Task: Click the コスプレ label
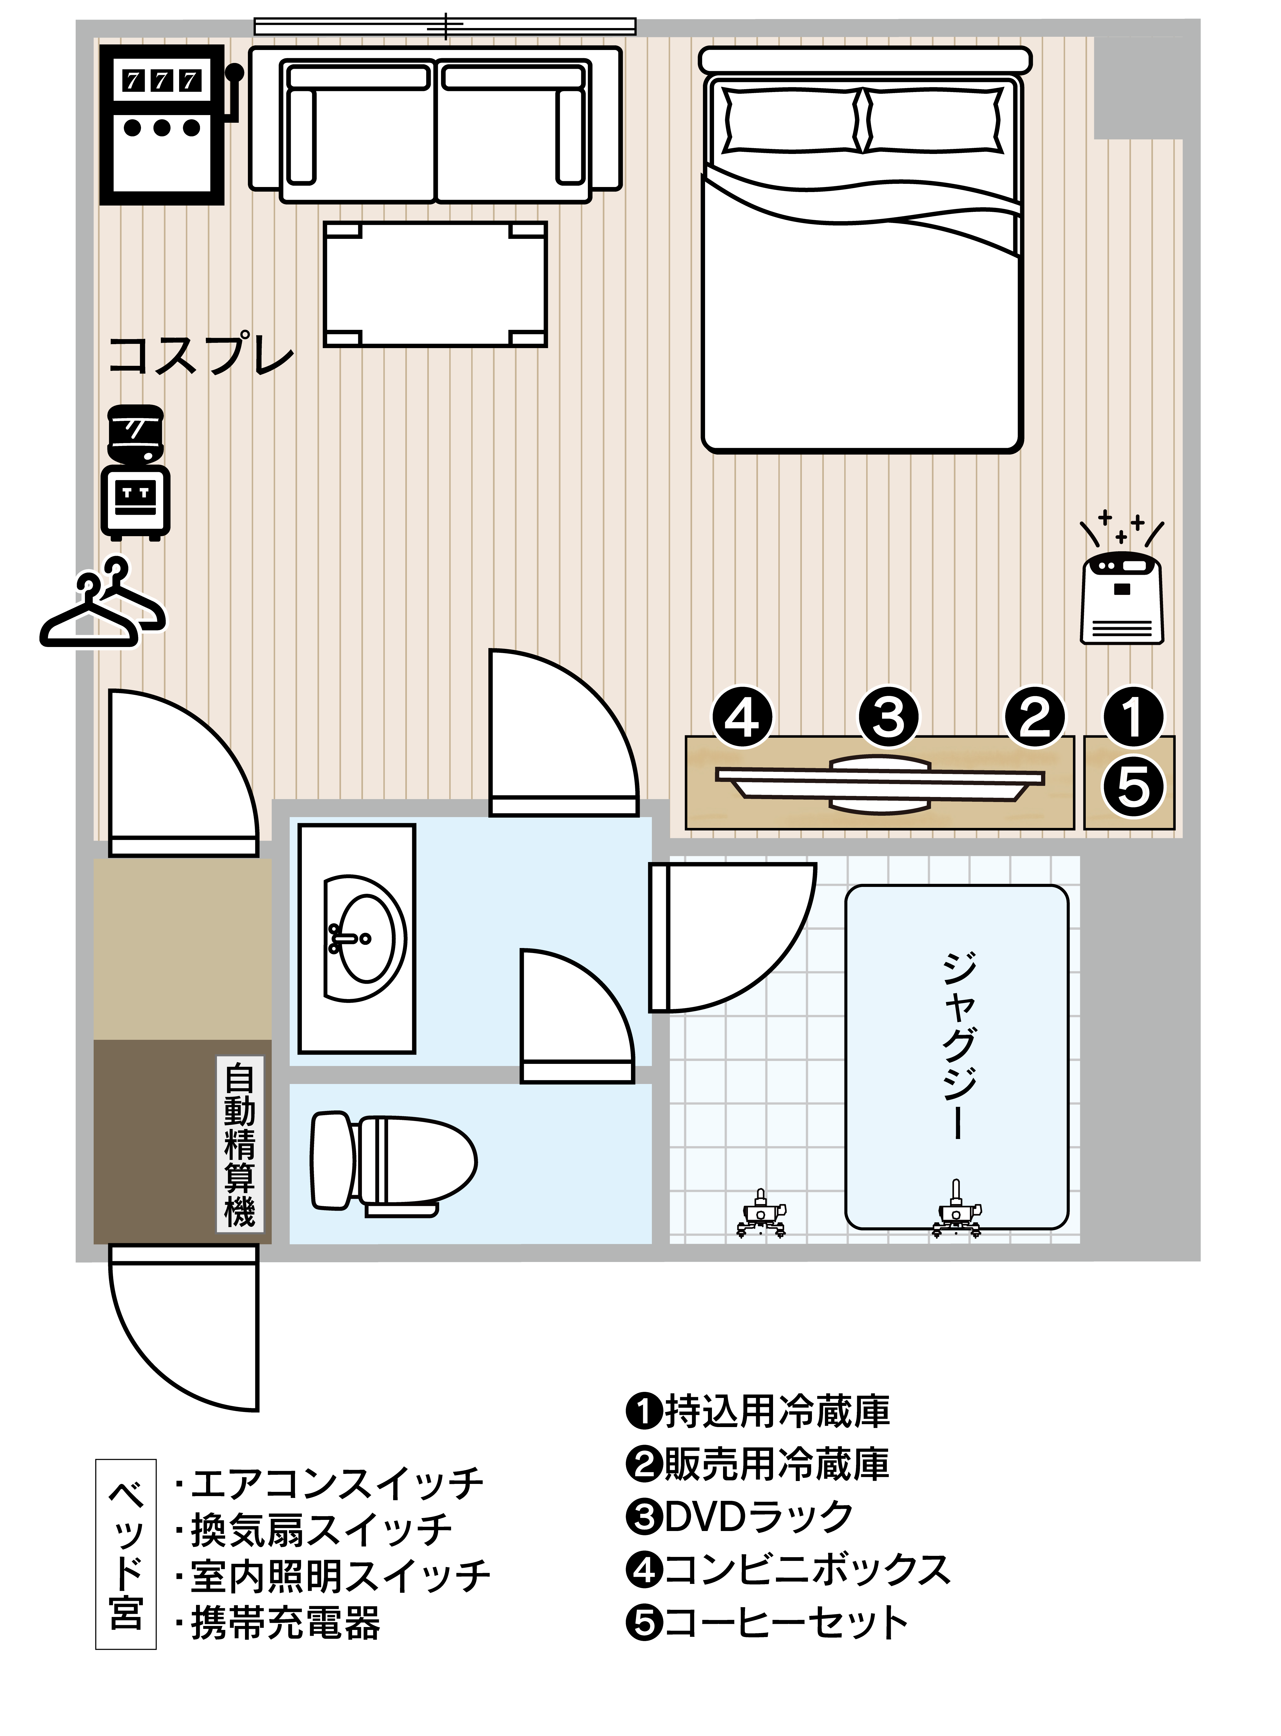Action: point(201,355)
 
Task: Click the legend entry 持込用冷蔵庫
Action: point(758,1411)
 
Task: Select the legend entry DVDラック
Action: point(739,1516)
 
